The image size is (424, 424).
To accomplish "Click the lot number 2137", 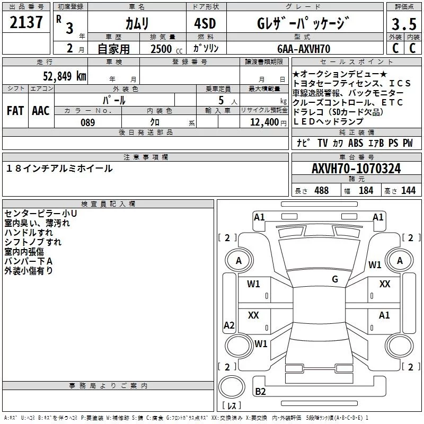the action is click(26, 22).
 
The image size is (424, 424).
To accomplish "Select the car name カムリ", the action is click(137, 23).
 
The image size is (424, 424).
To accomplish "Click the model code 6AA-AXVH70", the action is click(304, 49).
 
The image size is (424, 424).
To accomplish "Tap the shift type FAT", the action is click(15, 111).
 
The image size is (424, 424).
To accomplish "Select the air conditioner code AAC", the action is click(41, 111).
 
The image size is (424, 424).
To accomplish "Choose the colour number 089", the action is click(87, 122).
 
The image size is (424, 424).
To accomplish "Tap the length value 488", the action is click(321, 191).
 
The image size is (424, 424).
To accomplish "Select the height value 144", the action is click(409, 191).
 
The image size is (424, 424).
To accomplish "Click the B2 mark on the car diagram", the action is click(260, 392).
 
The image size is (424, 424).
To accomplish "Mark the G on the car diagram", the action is click(335, 279).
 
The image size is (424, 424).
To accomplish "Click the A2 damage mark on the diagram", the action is click(229, 325).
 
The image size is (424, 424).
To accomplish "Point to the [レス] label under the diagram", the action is click(231, 406).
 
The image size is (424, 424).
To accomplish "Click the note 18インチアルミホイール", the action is click(60, 169).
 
